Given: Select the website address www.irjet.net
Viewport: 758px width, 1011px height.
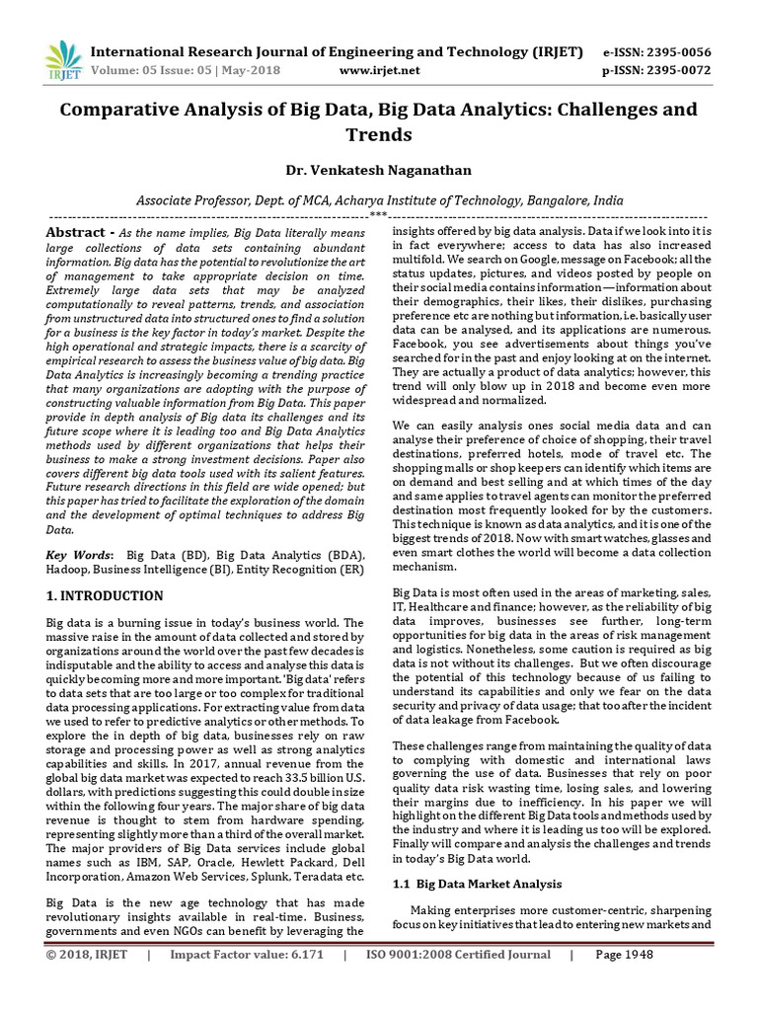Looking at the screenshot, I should pos(379,70).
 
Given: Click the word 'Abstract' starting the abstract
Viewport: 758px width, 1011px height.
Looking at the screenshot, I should pos(75,232).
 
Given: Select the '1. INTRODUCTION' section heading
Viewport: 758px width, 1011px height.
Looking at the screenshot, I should pos(106,596).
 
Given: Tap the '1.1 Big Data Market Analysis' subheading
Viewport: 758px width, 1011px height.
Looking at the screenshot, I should pos(477,884).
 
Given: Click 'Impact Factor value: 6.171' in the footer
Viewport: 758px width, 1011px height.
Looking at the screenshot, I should pos(247,956).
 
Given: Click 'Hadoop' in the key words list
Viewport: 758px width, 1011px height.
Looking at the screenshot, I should pos(70,571).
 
